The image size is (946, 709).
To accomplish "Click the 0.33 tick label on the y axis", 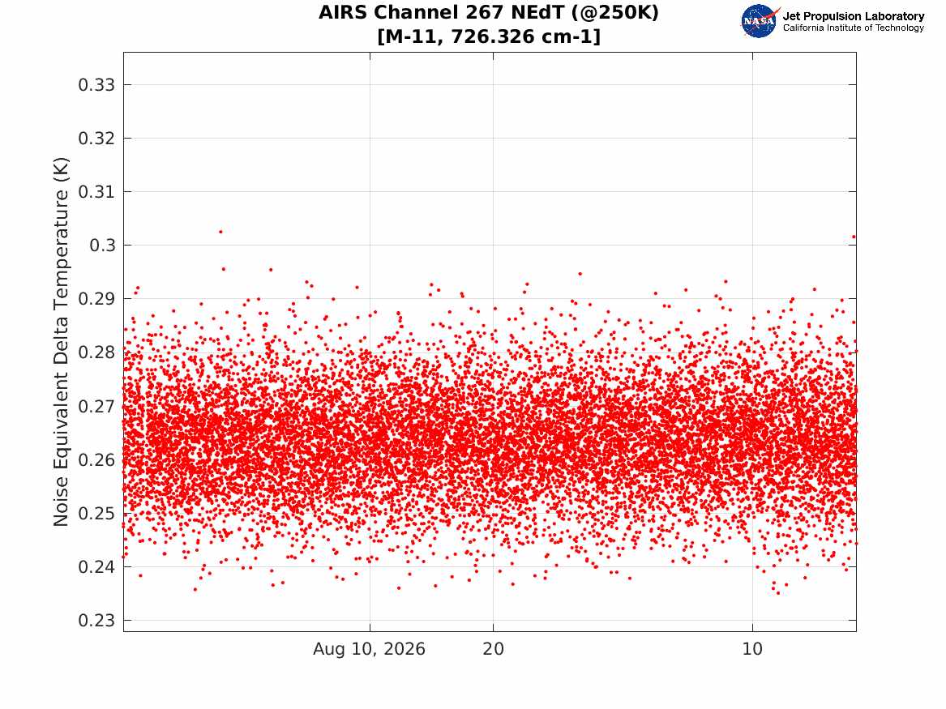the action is click(96, 85).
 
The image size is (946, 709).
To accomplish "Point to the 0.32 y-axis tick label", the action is click(96, 139).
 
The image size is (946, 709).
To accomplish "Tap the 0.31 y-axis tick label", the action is click(96, 192).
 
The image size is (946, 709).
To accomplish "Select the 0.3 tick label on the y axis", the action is click(103, 246).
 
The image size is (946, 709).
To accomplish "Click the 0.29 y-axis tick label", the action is click(96, 299).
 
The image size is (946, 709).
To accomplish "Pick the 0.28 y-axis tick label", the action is click(96, 352).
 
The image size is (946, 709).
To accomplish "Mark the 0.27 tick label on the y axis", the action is click(96, 406).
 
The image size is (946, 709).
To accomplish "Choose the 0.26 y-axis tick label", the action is click(96, 460).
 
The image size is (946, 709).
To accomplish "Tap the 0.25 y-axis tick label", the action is click(96, 514).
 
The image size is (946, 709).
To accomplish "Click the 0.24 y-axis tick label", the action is click(96, 567).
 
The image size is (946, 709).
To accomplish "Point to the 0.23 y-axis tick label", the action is click(96, 621).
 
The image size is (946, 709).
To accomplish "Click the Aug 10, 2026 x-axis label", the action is click(369, 649).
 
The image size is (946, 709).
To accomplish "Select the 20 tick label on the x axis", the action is click(494, 649).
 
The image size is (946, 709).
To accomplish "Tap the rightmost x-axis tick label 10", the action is click(752, 649).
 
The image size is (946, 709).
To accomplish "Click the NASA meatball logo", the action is click(760, 21).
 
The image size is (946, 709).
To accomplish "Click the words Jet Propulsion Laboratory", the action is click(854, 16).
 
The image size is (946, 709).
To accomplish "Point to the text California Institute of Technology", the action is click(854, 28).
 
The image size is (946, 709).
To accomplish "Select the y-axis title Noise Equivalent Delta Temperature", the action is click(62, 342).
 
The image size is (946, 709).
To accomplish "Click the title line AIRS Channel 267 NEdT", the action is click(489, 12).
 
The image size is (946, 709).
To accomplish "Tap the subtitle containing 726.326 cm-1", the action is click(489, 36).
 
